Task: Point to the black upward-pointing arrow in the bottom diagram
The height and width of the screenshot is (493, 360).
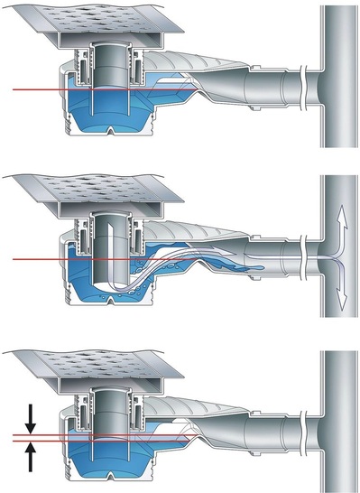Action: pos(30,457)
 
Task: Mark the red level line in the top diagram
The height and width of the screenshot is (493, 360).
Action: pos(36,89)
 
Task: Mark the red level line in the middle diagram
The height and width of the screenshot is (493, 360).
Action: pos(36,260)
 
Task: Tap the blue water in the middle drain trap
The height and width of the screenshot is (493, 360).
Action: pos(90,284)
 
